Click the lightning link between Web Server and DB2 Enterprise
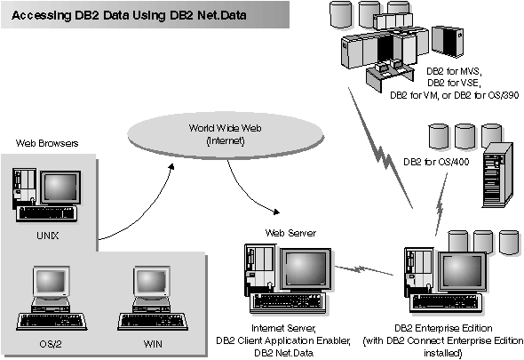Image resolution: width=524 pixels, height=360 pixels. [364, 268]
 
